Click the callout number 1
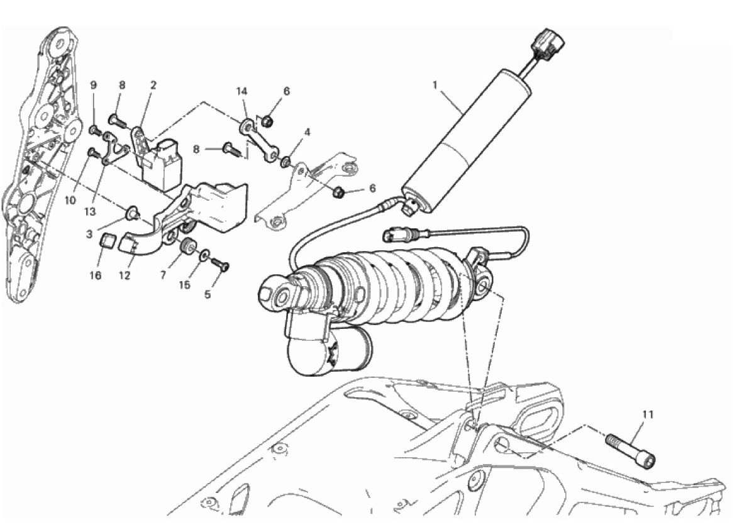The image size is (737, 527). click(435, 85)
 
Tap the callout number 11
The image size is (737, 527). click(648, 414)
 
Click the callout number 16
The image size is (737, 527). click(95, 275)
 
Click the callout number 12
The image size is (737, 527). click(124, 275)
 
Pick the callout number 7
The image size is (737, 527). click(163, 275)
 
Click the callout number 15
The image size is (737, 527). click(185, 285)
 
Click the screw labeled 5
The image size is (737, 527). click(219, 264)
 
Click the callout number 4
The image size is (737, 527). click(307, 132)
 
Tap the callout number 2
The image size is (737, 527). click(153, 85)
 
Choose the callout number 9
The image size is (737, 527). click(94, 85)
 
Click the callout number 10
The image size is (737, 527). click(70, 201)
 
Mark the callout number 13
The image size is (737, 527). click(90, 211)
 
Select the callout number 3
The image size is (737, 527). click(89, 234)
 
